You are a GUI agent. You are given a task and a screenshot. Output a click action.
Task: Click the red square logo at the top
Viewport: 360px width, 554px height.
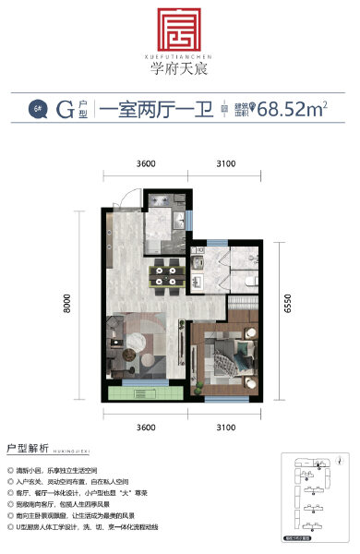[180, 31]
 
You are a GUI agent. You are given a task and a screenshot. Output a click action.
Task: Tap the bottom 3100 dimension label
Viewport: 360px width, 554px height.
[228, 428]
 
